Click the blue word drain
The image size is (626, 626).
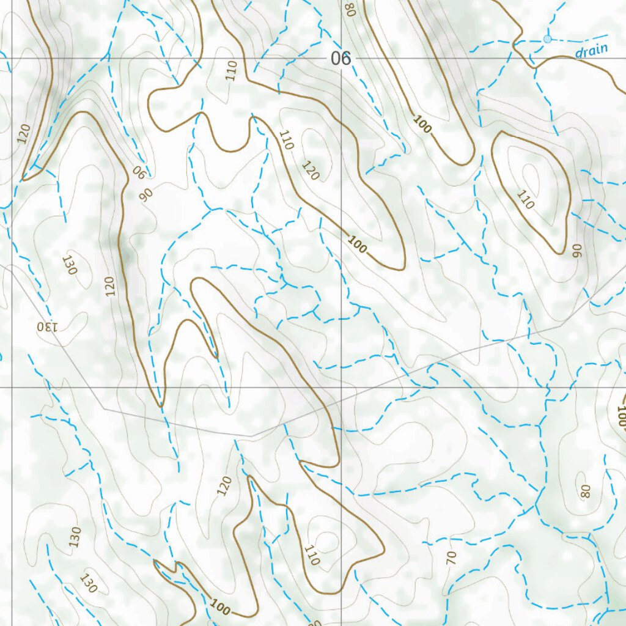tap(592, 50)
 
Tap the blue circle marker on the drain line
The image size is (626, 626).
tap(547, 39)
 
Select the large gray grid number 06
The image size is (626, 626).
tap(341, 59)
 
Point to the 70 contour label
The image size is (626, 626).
tap(452, 557)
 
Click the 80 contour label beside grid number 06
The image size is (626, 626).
tap(350, 10)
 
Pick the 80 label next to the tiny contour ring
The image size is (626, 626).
tap(586, 492)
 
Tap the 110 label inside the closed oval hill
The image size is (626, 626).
tap(525, 199)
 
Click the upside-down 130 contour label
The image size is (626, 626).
tap(46, 326)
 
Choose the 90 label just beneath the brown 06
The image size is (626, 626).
tap(147, 194)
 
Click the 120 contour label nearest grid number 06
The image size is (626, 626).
tap(310, 171)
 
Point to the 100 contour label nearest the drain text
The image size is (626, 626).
tap(422, 124)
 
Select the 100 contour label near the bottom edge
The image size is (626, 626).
tap(220, 608)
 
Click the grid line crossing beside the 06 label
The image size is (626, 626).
tap(341, 58)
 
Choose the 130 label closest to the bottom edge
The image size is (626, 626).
tap(88, 583)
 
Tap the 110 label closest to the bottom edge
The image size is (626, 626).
tap(312, 555)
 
